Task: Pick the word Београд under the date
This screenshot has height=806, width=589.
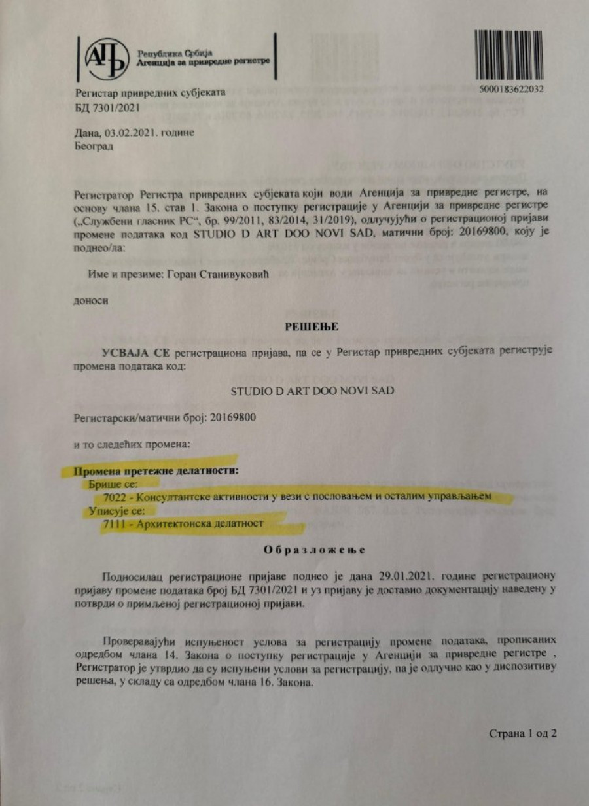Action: pos(94,147)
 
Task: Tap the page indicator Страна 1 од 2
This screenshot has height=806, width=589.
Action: pos(523,733)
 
